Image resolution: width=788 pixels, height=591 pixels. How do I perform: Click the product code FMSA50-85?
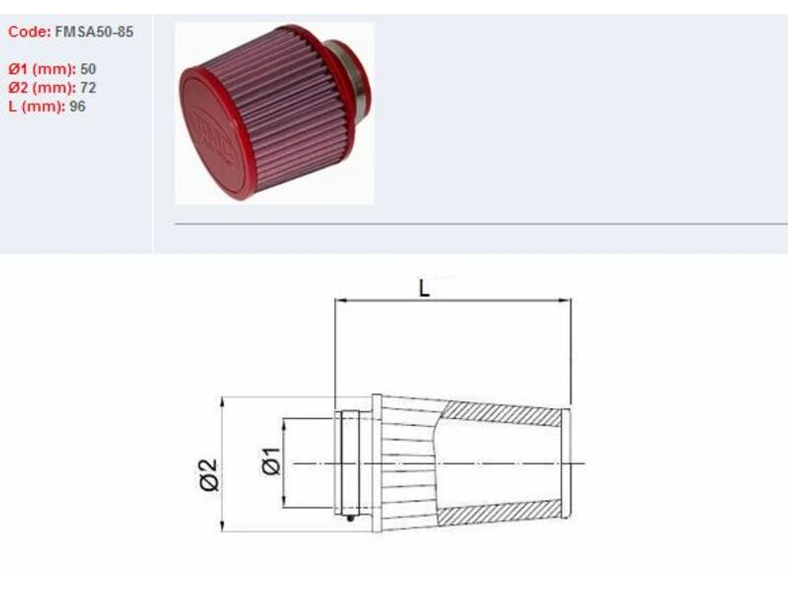pos(94,32)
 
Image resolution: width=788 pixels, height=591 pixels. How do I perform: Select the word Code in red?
pos(28,32)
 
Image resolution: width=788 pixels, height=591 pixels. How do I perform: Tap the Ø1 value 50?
pos(88,69)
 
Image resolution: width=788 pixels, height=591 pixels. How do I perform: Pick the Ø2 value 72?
pos(88,88)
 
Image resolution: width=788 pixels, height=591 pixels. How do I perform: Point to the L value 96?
pos(77,106)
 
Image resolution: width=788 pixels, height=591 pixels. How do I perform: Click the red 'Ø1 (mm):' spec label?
pos(42,69)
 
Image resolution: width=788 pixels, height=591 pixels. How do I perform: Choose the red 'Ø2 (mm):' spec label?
pos(42,88)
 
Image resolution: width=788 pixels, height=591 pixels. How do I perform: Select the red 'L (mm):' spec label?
pos(37,106)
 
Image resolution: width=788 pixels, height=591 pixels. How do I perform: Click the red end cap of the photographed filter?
pos(214,133)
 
